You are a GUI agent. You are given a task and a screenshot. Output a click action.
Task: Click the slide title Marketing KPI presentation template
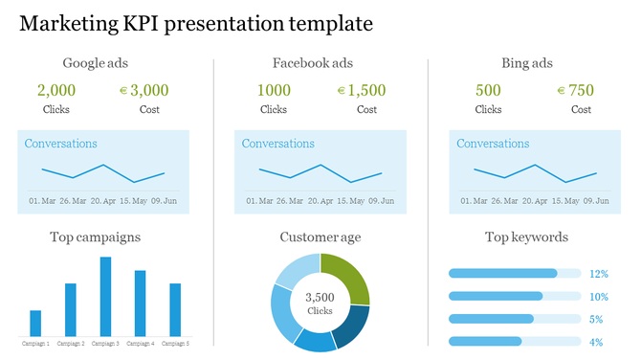coord(196,23)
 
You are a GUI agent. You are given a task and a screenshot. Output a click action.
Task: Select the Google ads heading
coord(96,63)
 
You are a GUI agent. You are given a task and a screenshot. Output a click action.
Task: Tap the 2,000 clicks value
coord(56,91)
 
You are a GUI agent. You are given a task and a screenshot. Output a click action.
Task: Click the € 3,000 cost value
coord(143,91)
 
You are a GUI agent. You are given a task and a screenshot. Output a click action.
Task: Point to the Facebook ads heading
coord(313,63)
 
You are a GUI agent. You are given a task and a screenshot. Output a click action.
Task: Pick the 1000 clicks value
coord(274,91)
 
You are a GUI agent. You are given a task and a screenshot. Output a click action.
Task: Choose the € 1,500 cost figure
coord(361,91)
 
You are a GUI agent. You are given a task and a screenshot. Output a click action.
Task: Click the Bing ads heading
coord(527,63)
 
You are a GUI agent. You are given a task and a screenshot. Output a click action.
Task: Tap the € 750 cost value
coord(575,91)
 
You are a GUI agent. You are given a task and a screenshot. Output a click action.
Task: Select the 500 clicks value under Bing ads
coord(488,91)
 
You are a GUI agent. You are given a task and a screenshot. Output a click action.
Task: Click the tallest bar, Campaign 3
coord(105,297)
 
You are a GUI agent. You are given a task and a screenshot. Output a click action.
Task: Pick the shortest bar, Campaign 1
coord(35,323)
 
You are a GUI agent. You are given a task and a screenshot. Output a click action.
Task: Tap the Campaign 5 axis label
coord(173,343)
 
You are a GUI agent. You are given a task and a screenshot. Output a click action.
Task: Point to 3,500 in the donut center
coord(320,297)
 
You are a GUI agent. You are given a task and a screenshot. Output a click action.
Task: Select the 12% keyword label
coord(598,273)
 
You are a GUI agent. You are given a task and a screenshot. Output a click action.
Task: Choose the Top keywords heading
coord(526,236)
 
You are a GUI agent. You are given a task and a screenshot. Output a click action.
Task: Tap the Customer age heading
coord(320,236)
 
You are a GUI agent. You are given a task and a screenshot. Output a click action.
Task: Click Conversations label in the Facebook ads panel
coord(277,144)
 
